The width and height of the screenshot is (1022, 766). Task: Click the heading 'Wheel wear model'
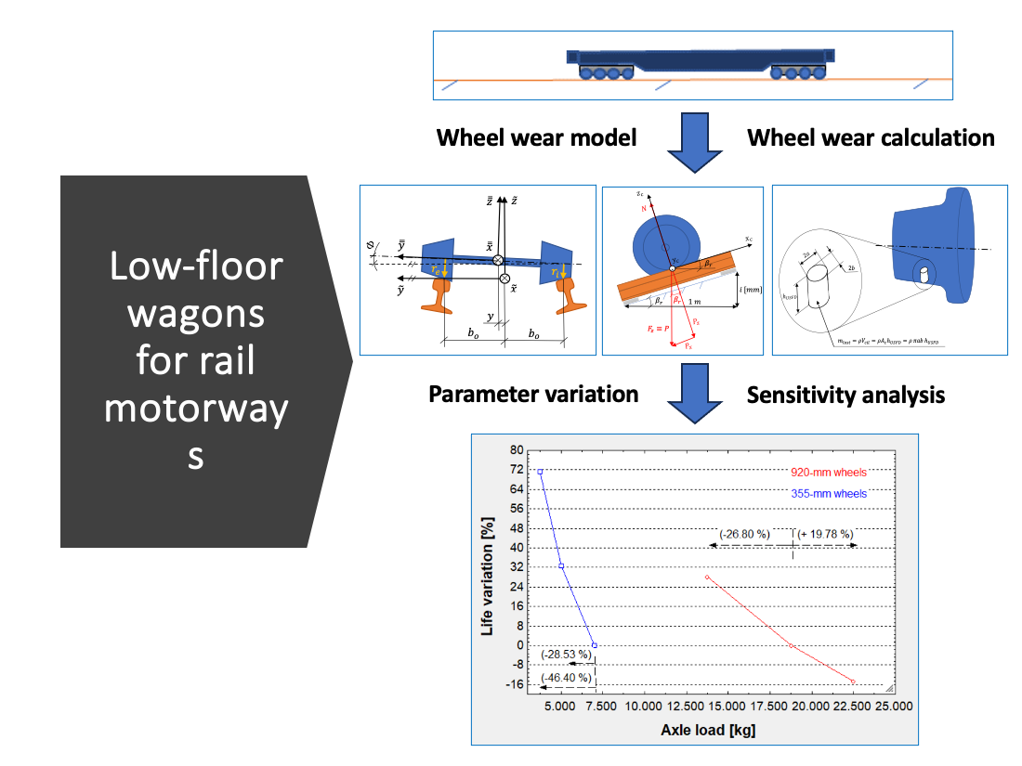(536, 138)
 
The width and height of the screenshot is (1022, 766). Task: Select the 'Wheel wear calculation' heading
(871, 138)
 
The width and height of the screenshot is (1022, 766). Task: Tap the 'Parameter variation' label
(533, 394)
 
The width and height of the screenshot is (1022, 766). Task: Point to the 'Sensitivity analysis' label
(845, 395)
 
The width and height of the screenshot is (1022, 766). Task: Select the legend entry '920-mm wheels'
(829, 472)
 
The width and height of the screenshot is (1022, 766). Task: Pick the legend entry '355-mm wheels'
(829, 494)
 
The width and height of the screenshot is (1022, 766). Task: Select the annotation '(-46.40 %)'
(566, 678)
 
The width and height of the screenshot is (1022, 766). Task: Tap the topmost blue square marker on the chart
(540, 472)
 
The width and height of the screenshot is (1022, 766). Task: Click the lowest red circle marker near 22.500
(853, 682)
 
